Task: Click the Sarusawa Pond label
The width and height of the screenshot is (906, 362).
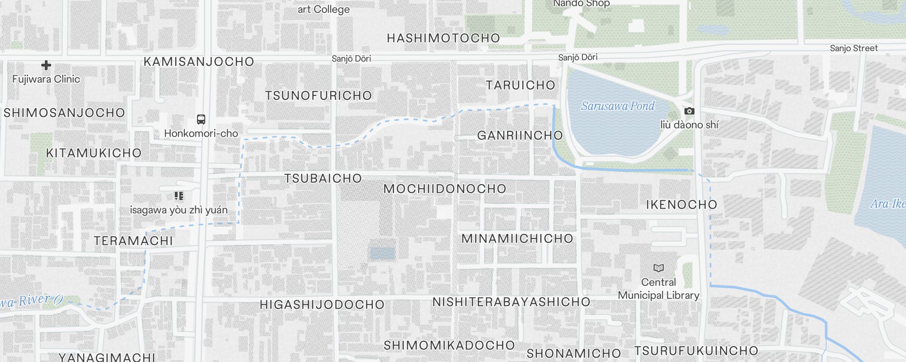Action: click(x=617, y=106)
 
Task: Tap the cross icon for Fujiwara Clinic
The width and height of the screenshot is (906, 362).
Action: click(x=46, y=65)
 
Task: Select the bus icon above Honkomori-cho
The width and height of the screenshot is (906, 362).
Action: click(x=201, y=119)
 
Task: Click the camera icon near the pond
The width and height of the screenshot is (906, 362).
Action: click(x=689, y=111)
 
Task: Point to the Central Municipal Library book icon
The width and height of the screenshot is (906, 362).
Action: click(x=659, y=268)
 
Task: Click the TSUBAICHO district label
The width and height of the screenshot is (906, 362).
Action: click(x=323, y=178)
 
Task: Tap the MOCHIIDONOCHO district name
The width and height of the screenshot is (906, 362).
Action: click(x=445, y=189)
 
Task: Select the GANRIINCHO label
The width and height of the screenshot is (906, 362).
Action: click(x=520, y=135)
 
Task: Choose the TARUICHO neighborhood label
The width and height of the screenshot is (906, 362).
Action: click(x=520, y=85)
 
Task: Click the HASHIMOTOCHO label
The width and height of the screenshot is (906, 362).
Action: click(x=443, y=38)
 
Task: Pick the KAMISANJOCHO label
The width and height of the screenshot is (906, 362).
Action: click(x=199, y=62)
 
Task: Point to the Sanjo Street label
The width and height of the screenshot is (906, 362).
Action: click(x=853, y=48)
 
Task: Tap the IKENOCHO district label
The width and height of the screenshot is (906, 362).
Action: click(x=681, y=205)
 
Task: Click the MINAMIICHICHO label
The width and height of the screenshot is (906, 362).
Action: click(x=517, y=238)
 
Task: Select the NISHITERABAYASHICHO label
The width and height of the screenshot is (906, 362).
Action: click(x=511, y=302)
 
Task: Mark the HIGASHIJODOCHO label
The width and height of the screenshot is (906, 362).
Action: click(x=322, y=305)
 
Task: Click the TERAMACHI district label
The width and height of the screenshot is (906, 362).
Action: click(x=134, y=241)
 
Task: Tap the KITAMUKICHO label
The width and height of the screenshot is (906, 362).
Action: click(x=94, y=153)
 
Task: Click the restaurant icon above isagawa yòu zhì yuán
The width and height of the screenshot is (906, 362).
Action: click(x=179, y=196)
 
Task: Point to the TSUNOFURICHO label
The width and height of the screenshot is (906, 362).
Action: click(x=318, y=95)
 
